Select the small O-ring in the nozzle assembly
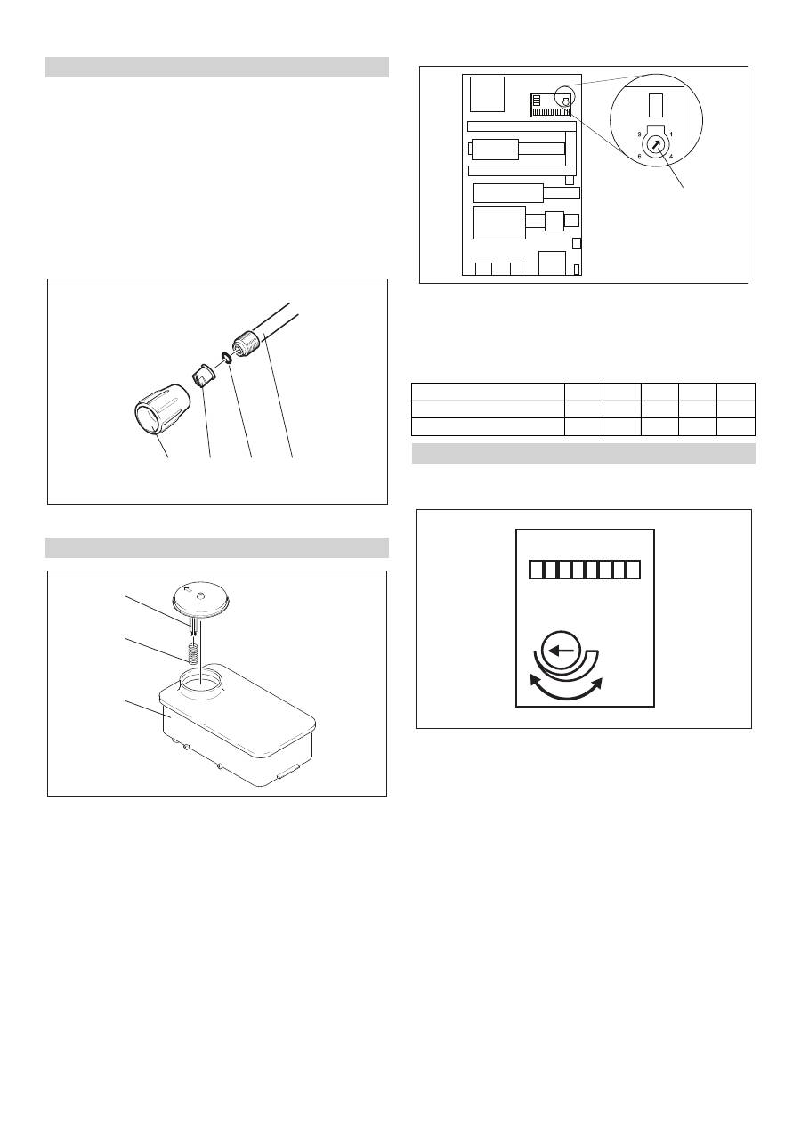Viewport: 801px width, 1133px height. [x=226, y=358]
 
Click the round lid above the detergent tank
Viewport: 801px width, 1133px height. [x=202, y=603]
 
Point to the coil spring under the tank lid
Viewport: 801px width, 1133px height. [x=192, y=652]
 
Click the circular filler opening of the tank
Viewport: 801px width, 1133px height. [x=202, y=681]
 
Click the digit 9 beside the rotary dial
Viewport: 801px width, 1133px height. [x=639, y=134]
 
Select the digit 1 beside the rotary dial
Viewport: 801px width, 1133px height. [x=671, y=134]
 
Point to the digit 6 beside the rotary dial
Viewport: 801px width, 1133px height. [x=639, y=157]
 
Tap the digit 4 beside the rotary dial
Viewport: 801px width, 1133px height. [x=671, y=157]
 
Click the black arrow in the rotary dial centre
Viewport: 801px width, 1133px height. [x=656, y=145]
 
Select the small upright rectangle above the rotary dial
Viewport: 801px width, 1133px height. [x=655, y=105]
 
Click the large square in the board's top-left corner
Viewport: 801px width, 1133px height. [x=487, y=94]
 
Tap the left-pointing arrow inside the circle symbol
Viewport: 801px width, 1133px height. [x=562, y=651]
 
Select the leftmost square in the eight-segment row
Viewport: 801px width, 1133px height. [x=536, y=570]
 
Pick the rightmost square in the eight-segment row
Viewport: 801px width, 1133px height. [x=633, y=570]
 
